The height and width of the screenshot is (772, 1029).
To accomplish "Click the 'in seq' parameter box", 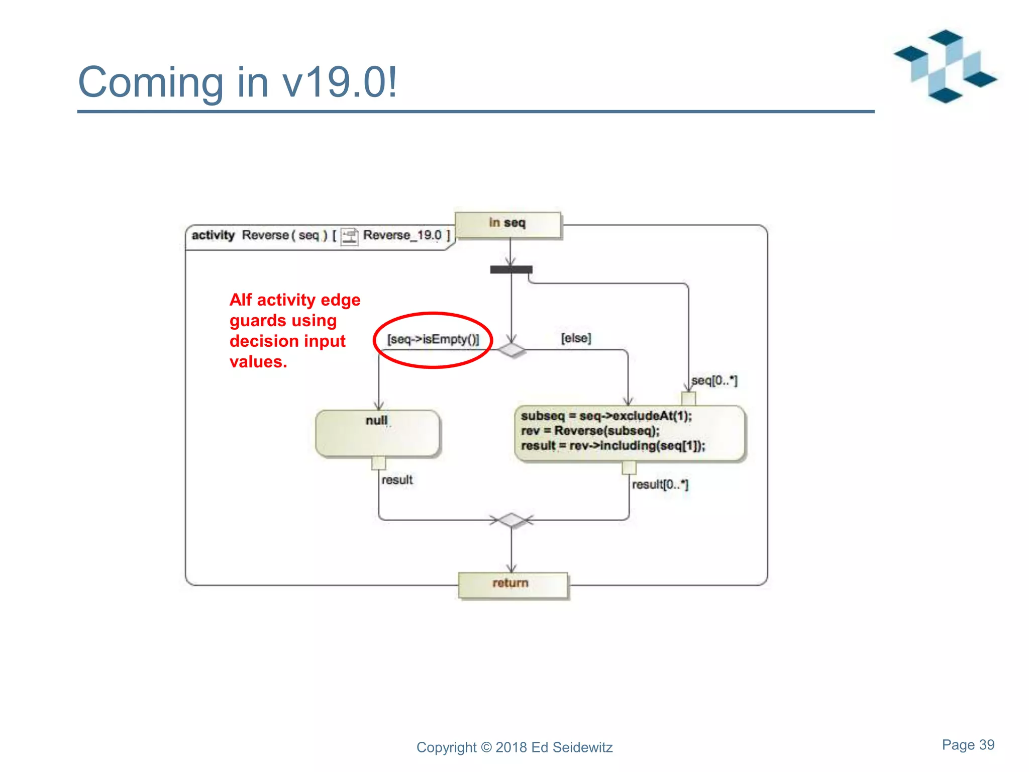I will pyautogui.click(x=507, y=224).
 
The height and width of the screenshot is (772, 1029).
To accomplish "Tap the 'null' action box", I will pyautogui.click(x=378, y=433).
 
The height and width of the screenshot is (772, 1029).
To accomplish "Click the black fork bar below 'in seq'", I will pyautogui.click(x=511, y=270).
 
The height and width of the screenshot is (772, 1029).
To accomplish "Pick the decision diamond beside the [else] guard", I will pyautogui.click(x=511, y=350).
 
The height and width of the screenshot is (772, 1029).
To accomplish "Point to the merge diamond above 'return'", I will pyautogui.click(x=511, y=520).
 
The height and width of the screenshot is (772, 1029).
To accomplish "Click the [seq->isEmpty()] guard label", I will pyautogui.click(x=433, y=339).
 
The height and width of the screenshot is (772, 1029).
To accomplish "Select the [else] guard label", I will pyautogui.click(x=576, y=338).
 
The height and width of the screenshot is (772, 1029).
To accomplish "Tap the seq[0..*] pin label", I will pyautogui.click(x=714, y=380).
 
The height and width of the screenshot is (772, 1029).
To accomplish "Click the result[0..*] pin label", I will pyautogui.click(x=660, y=485).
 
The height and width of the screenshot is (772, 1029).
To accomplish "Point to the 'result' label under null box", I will pyautogui.click(x=397, y=480).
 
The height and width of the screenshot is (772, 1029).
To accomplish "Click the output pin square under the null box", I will pyautogui.click(x=378, y=463).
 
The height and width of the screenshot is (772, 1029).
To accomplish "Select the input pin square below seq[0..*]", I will pyautogui.click(x=688, y=399).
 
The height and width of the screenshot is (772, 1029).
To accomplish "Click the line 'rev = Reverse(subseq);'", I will pyautogui.click(x=590, y=431).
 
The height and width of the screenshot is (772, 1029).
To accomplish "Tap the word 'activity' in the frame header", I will pyautogui.click(x=213, y=235).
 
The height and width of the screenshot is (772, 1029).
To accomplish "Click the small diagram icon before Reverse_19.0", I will pyautogui.click(x=349, y=236).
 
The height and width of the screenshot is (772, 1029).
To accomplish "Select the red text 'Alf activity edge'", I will pyautogui.click(x=295, y=300).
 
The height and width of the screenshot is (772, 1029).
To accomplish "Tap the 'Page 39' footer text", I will pyautogui.click(x=968, y=745).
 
